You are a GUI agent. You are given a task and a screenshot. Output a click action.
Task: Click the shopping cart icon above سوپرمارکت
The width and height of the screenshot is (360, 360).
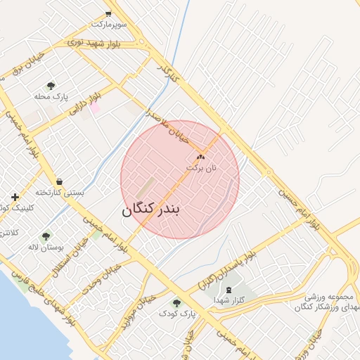point(108,14)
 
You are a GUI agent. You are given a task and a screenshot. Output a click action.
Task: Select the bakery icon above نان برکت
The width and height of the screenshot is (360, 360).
point(201,157)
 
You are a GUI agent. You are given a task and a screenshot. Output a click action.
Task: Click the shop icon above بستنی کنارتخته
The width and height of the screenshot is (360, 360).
point(59,181)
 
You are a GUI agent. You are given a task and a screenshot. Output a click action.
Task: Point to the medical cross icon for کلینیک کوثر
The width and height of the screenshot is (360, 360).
point(15,197)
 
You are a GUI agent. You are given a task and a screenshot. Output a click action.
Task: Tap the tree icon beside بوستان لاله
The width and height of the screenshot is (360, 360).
point(46,237)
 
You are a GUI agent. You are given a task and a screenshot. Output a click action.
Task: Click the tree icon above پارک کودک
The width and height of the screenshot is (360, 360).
point(176,303)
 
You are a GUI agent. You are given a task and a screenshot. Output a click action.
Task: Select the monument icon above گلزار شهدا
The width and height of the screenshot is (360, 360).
point(229,290)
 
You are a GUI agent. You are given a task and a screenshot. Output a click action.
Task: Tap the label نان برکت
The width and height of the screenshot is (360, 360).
point(201,169)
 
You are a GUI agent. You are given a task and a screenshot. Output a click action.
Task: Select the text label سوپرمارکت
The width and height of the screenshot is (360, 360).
point(108,25)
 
